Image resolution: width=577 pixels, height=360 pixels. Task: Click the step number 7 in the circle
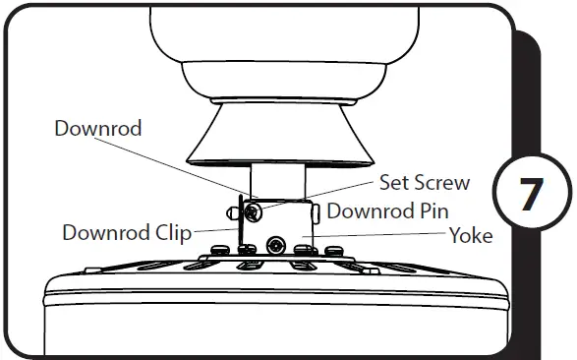click(x=531, y=194)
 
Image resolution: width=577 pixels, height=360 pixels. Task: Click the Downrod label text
click(x=97, y=129)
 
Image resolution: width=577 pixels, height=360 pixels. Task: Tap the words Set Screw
click(x=425, y=183)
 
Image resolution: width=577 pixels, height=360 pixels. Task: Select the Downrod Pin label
click(x=388, y=210)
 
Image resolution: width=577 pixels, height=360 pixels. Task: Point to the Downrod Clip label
click(x=127, y=233)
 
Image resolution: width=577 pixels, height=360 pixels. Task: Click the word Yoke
click(x=471, y=236)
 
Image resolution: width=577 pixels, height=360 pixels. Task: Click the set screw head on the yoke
click(x=253, y=210)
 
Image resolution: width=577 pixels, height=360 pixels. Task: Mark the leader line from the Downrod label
click(x=197, y=162)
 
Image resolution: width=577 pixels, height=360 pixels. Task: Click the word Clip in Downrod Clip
click(x=169, y=233)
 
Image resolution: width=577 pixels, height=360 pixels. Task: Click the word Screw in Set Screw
click(x=443, y=183)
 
